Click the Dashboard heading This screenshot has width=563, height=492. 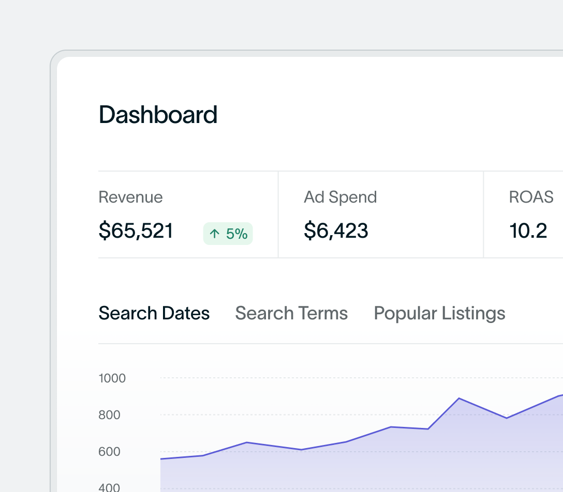(158, 115)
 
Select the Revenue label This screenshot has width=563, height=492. (130, 197)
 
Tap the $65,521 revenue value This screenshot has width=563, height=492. (136, 230)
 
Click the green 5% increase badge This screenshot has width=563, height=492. (228, 234)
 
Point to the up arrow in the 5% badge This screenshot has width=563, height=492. (214, 234)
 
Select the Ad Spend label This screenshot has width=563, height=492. (340, 197)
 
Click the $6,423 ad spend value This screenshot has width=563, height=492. (336, 230)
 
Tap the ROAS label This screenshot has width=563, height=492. (531, 197)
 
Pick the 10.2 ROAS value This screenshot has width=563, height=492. (528, 230)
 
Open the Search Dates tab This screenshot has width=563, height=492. (154, 313)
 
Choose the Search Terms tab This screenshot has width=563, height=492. (291, 313)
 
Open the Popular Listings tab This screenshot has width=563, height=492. (439, 313)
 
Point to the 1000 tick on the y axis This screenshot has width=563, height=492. (112, 378)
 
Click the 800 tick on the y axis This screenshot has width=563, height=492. (109, 415)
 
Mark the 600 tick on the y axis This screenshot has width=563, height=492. (109, 452)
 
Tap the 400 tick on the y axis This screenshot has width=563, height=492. (109, 487)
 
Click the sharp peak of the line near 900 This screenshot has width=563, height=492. (459, 398)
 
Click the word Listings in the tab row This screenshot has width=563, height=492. (473, 313)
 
